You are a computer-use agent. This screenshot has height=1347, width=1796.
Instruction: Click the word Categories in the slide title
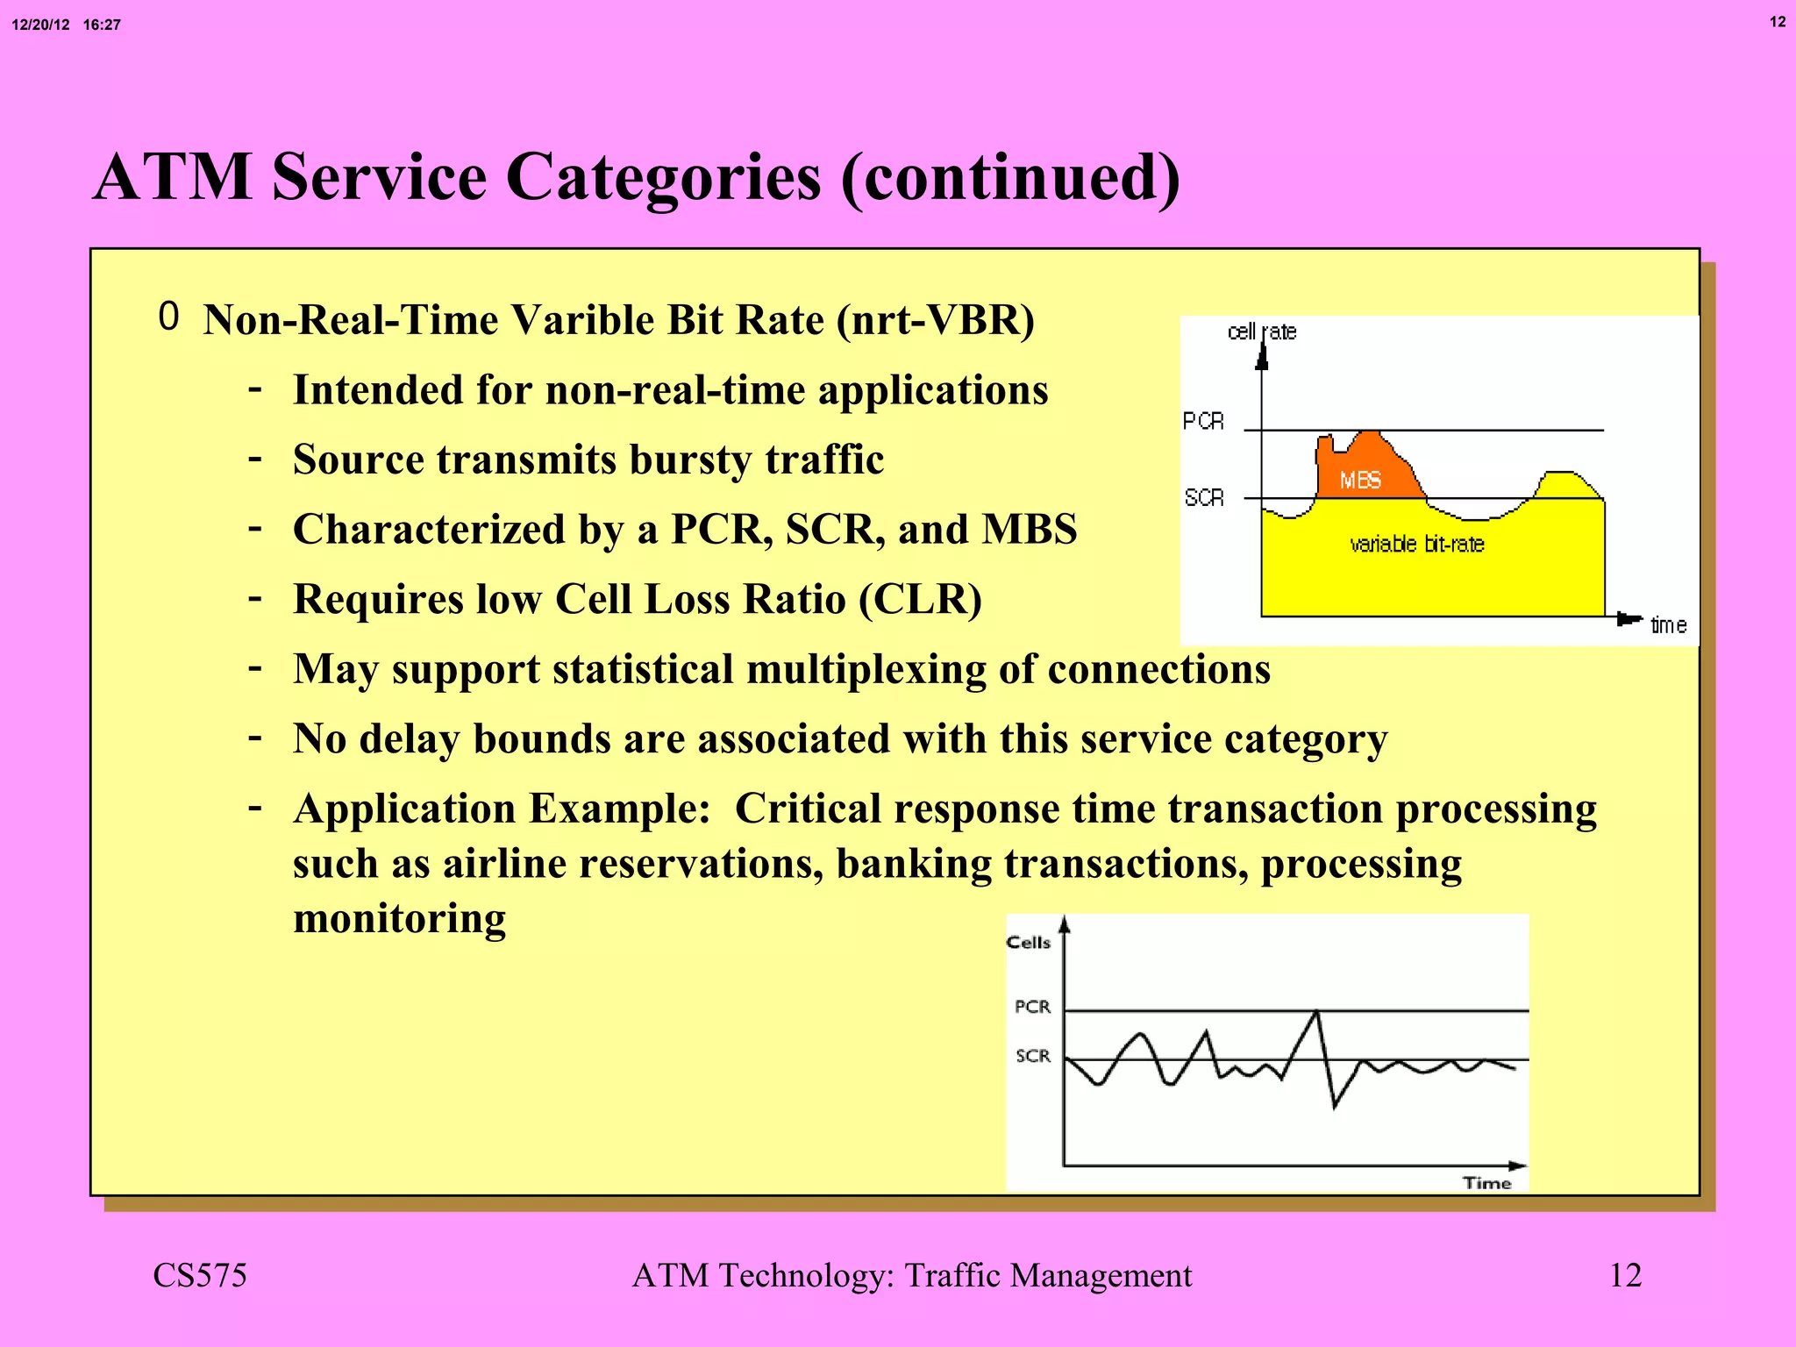[664, 178]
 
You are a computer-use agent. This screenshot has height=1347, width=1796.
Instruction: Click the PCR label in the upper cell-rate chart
[1202, 422]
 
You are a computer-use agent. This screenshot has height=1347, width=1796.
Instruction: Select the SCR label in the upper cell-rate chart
[1203, 498]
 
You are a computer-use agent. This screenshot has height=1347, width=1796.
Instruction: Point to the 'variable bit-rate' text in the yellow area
[1416, 545]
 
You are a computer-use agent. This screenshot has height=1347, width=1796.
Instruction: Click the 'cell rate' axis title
[1261, 331]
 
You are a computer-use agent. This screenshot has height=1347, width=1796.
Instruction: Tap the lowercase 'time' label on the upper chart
[1668, 625]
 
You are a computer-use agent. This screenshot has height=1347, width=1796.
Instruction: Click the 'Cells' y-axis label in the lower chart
[1028, 943]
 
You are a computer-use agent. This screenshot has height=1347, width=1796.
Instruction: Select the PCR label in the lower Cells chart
[1032, 1007]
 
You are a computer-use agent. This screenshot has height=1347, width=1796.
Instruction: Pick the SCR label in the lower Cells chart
[1033, 1056]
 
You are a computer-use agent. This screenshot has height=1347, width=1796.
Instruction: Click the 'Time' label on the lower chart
[1486, 1183]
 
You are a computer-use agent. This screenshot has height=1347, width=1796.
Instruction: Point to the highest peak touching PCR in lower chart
[1316, 1013]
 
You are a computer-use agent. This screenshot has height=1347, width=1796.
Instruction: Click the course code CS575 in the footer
[200, 1275]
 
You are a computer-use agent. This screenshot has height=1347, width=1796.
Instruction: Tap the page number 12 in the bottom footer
[1625, 1275]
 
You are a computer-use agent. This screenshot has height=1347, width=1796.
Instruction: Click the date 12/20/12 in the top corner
[40, 25]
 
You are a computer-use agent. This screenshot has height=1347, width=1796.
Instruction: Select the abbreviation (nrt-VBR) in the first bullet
[935, 320]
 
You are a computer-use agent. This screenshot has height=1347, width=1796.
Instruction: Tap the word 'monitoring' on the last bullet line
[399, 919]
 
